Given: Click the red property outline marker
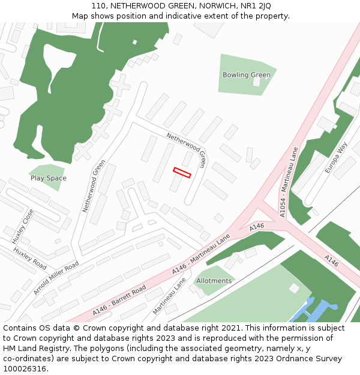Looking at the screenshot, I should tap(182, 173).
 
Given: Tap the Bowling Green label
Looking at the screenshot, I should tap(247, 75).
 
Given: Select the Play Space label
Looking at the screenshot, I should tap(49, 178).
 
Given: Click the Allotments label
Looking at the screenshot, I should tap(214, 281).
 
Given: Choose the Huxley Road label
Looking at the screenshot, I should tap(30, 258).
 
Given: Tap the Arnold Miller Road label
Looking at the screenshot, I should tap(56, 278).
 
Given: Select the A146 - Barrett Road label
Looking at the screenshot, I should tap(119, 301).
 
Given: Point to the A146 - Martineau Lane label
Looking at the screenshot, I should tap(201, 254).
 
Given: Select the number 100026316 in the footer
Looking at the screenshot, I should tap(25, 369).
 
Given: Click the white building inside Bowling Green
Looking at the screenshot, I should tap(257, 82).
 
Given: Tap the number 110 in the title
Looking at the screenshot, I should tap(98, 6).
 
